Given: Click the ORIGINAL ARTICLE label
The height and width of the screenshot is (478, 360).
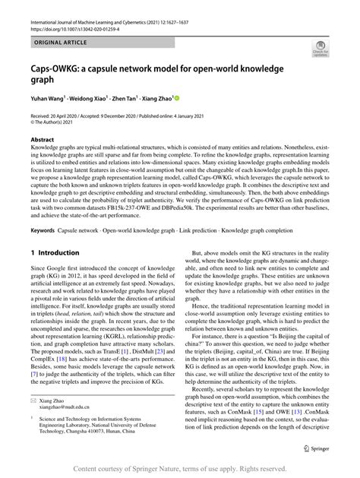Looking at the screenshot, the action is [48, 36].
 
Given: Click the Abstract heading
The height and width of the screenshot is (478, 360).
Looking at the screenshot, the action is [42, 140].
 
